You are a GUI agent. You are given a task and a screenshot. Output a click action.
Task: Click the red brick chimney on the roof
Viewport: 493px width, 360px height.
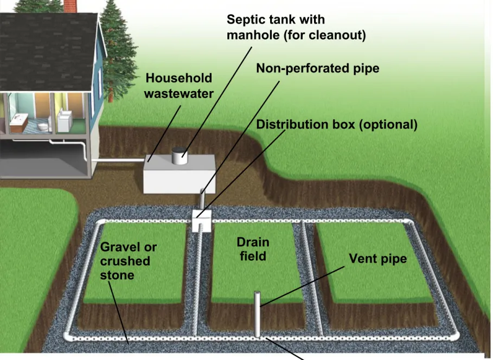pyautogui.click(x=70, y=6)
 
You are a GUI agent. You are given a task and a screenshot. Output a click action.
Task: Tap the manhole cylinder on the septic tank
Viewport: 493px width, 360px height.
pyautogui.click(x=180, y=156)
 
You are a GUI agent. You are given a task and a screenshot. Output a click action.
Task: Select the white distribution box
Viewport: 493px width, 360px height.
pyautogui.click(x=202, y=221)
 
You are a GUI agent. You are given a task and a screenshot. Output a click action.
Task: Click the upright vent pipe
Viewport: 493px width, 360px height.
pyautogui.click(x=257, y=314)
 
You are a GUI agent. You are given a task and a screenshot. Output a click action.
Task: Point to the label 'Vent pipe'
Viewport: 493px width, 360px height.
pyautogui.click(x=377, y=259)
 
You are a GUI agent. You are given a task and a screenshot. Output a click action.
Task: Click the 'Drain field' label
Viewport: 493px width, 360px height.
pyautogui.click(x=253, y=249)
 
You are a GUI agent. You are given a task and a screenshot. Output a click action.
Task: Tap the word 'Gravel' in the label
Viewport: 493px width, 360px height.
pyautogui.click(x=119, y=247)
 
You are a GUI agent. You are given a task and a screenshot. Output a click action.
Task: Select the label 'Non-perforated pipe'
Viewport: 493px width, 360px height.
pyautogui.click(x=318, y=68)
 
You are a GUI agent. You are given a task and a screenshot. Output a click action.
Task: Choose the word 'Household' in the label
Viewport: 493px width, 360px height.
pyautogui.click(x=178, y=78)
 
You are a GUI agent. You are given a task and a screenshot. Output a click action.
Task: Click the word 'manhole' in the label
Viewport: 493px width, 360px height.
pyautogui.click(x=253, y=35)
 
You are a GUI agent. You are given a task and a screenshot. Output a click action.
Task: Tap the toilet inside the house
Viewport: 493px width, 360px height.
pyautogui.click(x=43, y=126)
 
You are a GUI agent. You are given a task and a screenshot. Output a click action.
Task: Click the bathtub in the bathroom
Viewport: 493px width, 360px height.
pyautogui.click(x=19, y=123)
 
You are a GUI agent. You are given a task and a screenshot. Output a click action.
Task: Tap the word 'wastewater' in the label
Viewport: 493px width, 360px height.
pyautogui.click(x=179, y=94)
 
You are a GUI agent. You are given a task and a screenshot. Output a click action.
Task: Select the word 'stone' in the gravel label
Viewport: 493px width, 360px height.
pyautogui.click(x=117, y=275)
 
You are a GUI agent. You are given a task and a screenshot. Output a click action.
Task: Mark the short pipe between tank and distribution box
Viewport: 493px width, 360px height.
pyautogui.click(x=202, y=200)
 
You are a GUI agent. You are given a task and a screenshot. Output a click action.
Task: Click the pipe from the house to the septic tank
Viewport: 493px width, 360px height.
pyautogui.click(x=118, y=160)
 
